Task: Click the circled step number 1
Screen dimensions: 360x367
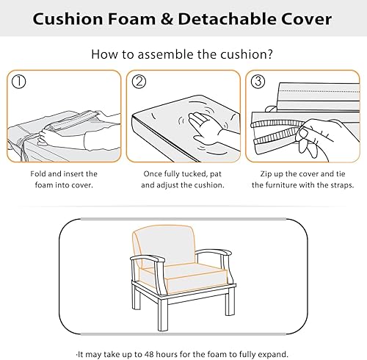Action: [x=20, y=80]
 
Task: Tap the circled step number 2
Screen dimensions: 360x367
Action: [x=139, y=80]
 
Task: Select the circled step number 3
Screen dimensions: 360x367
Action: [x=257, y=80]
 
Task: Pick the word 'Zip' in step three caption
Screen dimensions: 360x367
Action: [x=267, y=173]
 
